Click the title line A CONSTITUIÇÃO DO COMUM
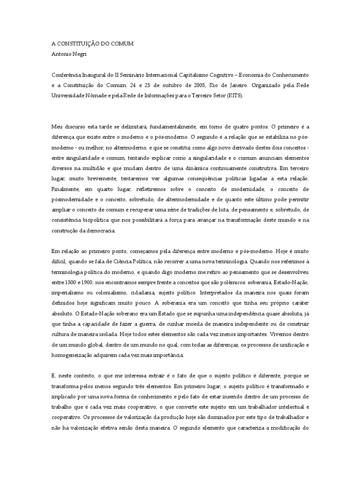click(x=92, y=44)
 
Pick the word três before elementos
click(x=131, y=387)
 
